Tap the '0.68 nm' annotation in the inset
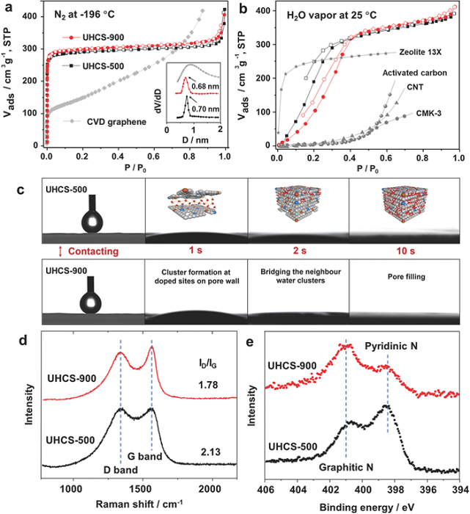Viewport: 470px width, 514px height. point(199,87)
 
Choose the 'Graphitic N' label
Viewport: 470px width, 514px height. point(348,466)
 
